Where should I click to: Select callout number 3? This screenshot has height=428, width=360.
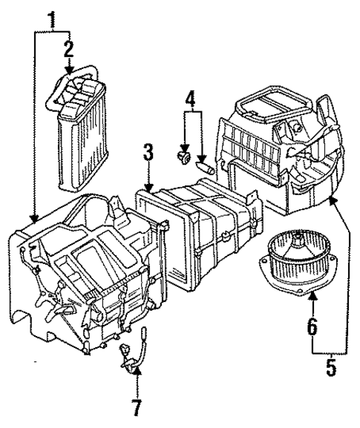click(148, 154)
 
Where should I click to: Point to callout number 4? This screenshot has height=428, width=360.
click(190, 97)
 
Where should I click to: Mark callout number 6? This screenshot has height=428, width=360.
click(312, 325)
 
